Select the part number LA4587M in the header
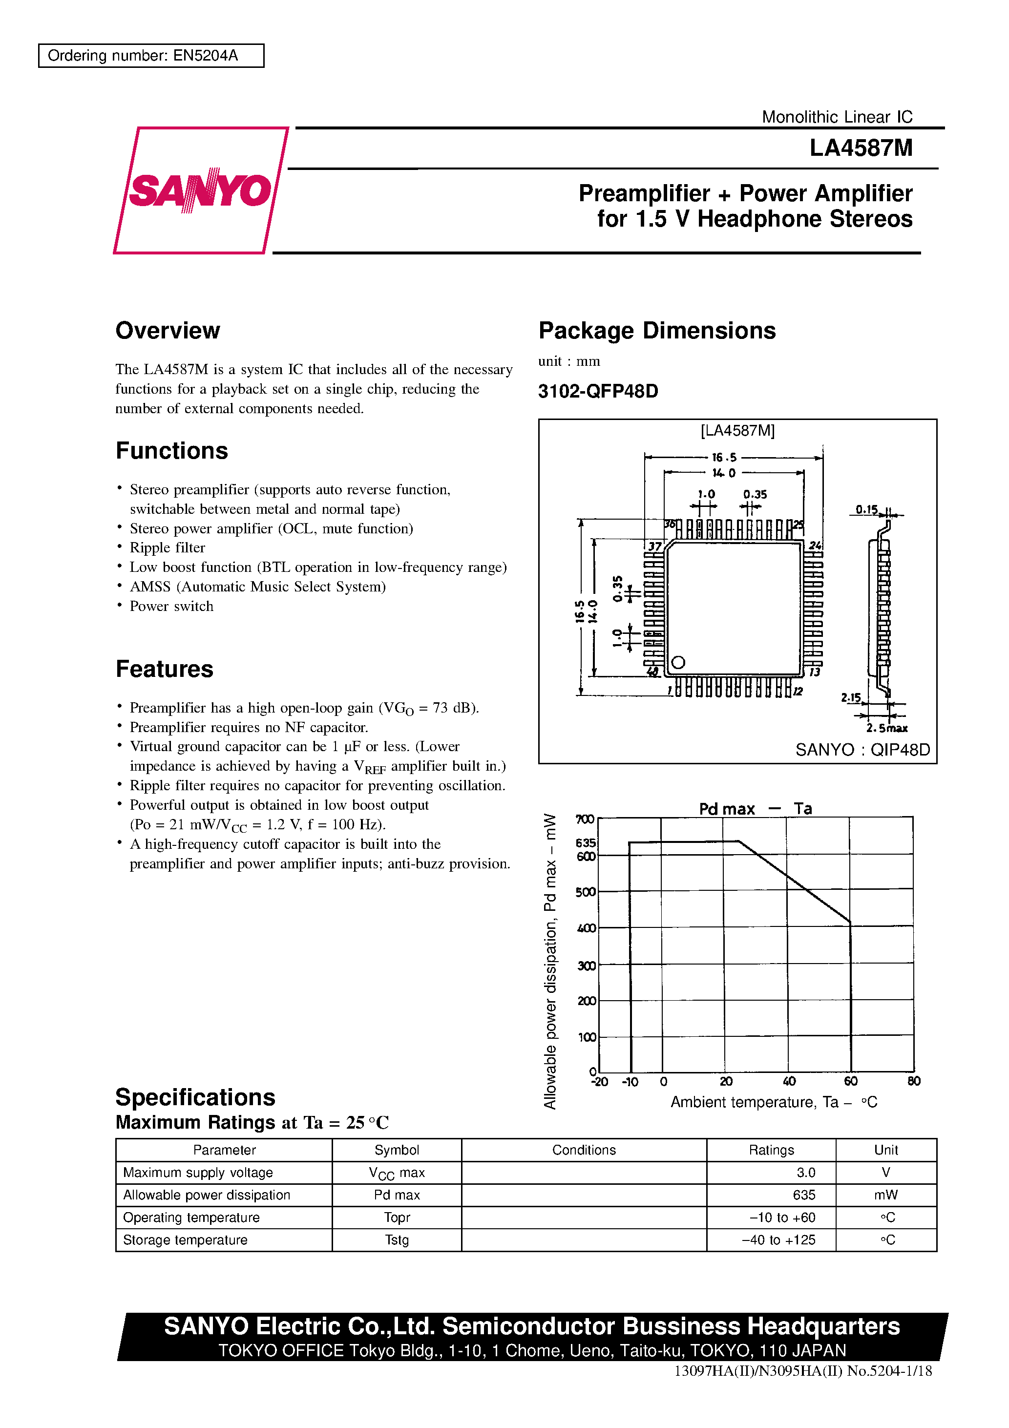[x=861, y=148]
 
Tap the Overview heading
[x=168, y=330]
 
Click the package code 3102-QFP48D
[x=598, y=391]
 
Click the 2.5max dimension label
[x=886, y=728]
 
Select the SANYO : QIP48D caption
[x=862, y=750]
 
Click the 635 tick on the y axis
[x=586, y=843]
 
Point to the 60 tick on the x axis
[x=850, y=1082]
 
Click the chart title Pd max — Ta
[x=755, y=809]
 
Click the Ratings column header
[x=771, y=1150]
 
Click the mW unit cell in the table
[x=886, y=1195]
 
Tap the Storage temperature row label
[x=186, y=1239]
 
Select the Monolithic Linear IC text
[x=837, y=117]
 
